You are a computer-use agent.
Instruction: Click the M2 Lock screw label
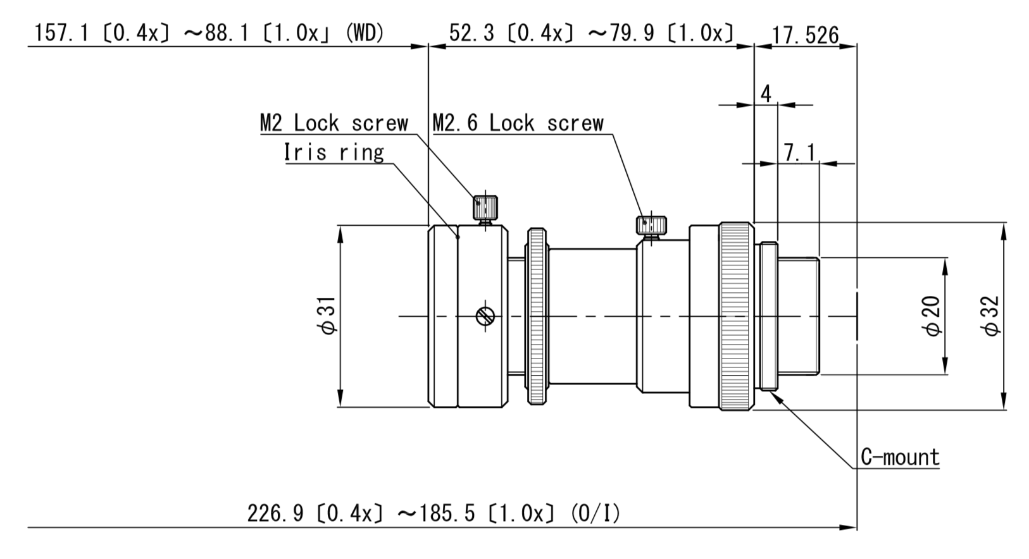[334, 123]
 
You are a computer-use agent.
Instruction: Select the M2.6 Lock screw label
[518, 123]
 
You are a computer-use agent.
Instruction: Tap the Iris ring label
[334, 152]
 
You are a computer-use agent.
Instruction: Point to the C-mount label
[900, 457]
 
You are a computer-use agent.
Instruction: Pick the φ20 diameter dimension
[933, 316]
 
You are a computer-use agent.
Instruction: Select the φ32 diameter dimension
[991, 316]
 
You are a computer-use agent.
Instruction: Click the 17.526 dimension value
[805, 35]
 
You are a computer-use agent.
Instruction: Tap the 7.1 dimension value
[799, 152]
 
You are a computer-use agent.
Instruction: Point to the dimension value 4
[766, 94]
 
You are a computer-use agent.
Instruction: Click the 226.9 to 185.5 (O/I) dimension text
[433, 513]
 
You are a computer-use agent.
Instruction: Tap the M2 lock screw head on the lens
[485, 206]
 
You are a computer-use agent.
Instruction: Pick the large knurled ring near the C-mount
[735, 316]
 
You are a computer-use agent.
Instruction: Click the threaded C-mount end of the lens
[797, 316]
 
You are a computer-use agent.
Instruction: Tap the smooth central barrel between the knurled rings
[592, 316]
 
